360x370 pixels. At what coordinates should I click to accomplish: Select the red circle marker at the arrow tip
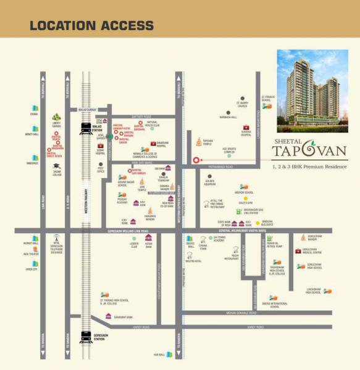click(196, 160)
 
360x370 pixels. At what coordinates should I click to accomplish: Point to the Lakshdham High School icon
click(325, 290)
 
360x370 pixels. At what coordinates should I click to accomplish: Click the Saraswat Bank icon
click(109, 316)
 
